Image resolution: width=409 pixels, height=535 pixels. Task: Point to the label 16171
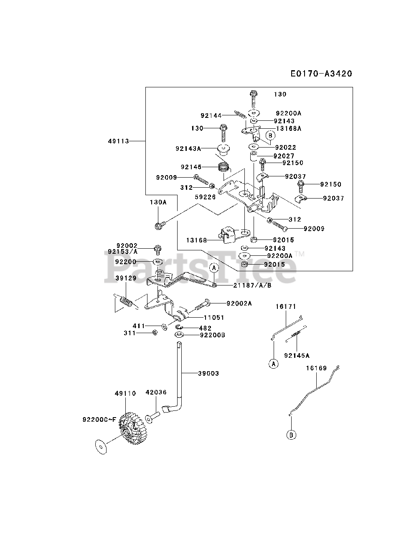point(286,306)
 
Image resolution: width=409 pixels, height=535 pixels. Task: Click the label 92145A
point(297,355)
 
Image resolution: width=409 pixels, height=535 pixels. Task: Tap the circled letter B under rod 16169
point(292,435)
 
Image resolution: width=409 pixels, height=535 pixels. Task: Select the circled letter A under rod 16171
point(273,364)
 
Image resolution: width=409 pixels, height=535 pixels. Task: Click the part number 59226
point(205,197)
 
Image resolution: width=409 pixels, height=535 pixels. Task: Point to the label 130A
point(158,202)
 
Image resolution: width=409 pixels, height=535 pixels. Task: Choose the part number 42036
point(156,392)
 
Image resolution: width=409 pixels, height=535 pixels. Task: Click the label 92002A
point(239,303)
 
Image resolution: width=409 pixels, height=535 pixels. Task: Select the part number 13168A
point(288,129)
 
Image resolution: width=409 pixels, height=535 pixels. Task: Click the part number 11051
point(214,318)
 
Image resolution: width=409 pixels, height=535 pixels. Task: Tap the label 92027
point(284,156)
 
